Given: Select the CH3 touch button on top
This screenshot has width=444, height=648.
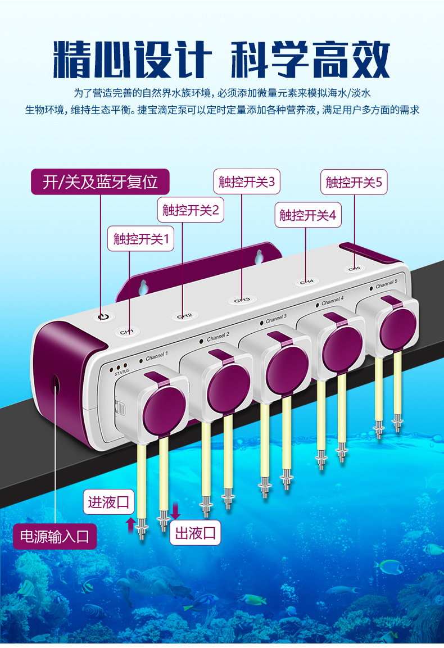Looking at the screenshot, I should tap(242, 300).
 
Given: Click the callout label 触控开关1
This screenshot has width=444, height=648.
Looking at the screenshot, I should tap(141, 239).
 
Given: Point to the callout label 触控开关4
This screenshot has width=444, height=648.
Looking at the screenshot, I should tap(307, 215).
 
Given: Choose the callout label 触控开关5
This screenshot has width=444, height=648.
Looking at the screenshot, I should tap(354, 182).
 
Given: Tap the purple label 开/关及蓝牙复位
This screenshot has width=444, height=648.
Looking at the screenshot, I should tap(100, 182).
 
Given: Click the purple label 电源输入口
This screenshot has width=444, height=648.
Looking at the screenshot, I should tap(55, 536).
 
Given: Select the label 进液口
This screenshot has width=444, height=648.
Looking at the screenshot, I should tap(109, 502).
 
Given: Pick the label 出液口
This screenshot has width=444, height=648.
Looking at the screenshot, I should tap(196, 533).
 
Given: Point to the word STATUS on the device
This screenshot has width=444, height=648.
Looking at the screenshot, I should tap(121, 371).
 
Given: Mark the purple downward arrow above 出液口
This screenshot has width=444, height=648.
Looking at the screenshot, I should tap(175, 510).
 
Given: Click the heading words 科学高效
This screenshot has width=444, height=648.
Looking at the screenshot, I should tap(311, 58).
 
